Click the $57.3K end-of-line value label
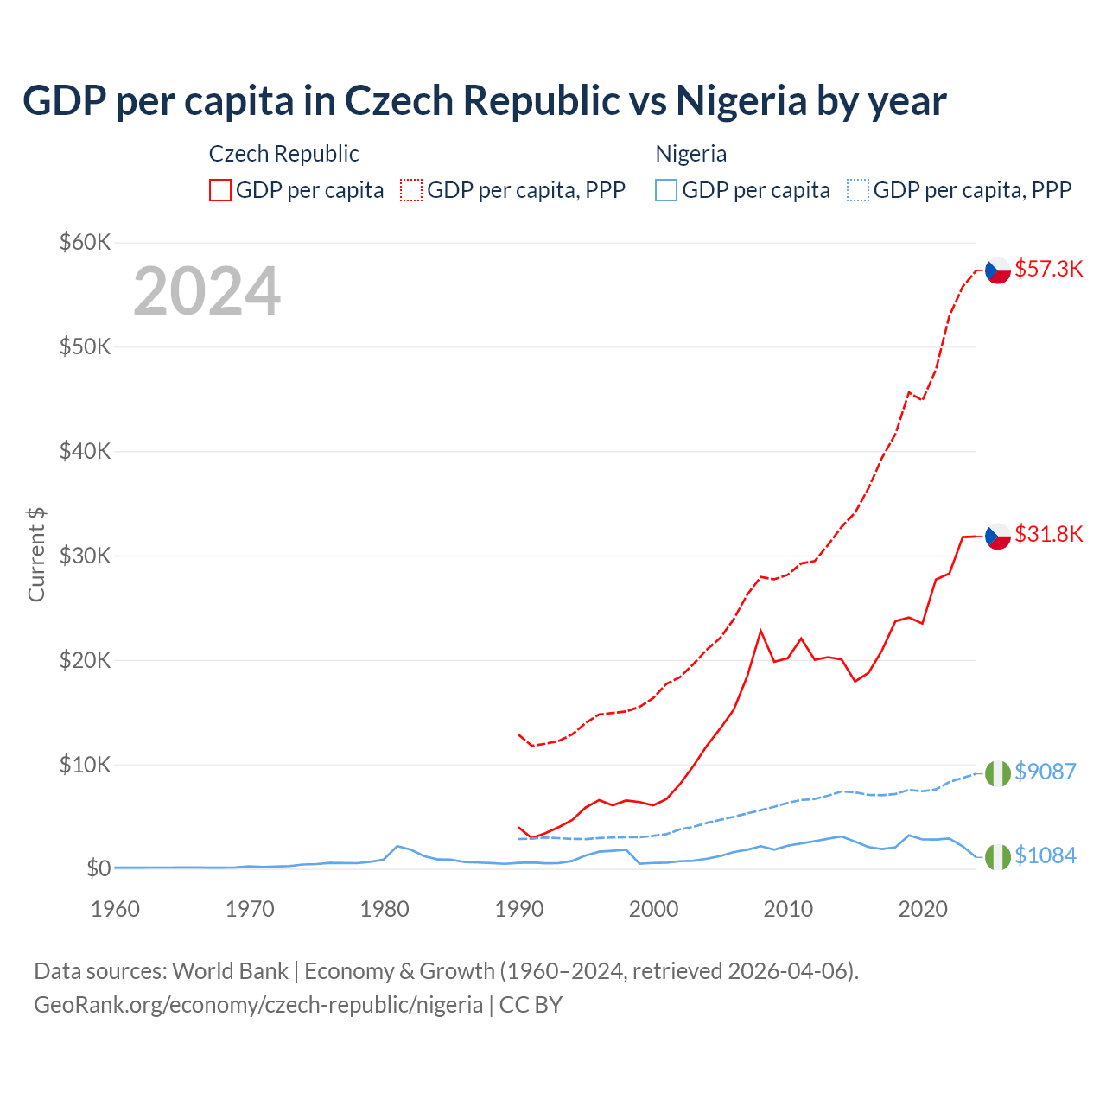1048,269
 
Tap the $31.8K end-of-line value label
1048,534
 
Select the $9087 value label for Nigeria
1045,771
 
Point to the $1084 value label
1045,855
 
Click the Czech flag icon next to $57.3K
998,270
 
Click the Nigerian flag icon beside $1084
998,856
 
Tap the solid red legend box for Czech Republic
220,190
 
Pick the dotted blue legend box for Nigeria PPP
858,190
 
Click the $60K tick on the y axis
85,242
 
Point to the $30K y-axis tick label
85,556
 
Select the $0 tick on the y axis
98,868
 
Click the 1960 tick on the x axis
115,909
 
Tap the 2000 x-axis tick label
653,909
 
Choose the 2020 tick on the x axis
923,909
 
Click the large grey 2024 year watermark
207,291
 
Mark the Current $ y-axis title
36,555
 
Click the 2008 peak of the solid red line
760,631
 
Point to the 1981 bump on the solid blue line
397,846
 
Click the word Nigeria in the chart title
741,100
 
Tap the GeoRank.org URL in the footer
258,1005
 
